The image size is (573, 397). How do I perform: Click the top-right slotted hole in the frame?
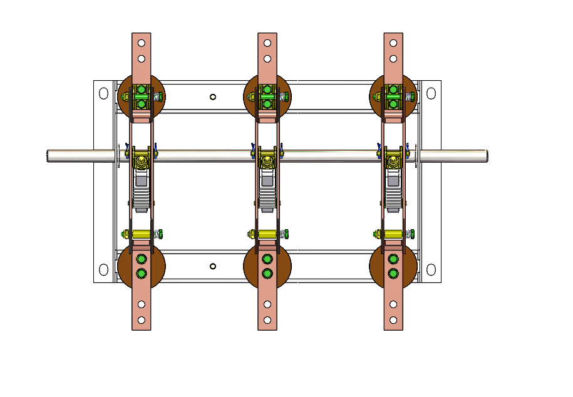pos(431,93)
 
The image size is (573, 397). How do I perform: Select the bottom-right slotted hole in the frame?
pos(431,270)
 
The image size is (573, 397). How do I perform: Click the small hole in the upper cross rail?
pos(213,96)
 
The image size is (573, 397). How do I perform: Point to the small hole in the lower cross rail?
pos(213,266)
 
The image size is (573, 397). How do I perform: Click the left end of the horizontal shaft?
pos(49,155)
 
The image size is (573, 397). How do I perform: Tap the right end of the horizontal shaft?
pos(486,155)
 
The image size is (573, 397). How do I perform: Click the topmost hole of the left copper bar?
pos(142,43)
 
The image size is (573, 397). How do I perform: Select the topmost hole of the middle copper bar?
pos(267,43)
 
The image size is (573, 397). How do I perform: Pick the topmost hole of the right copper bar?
pos(393,43)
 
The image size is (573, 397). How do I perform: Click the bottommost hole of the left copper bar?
pos(142,320)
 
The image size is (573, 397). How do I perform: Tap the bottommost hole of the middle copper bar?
pos(267,320)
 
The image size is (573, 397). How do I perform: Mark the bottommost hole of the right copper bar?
pos(393,320)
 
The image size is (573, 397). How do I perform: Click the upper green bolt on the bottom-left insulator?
pos(142,259)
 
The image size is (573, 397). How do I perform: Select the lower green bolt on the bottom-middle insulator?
pos(267,273)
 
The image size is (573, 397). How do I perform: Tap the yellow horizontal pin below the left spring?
pos(142,234)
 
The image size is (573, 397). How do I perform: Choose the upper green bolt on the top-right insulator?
pos(393,90)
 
